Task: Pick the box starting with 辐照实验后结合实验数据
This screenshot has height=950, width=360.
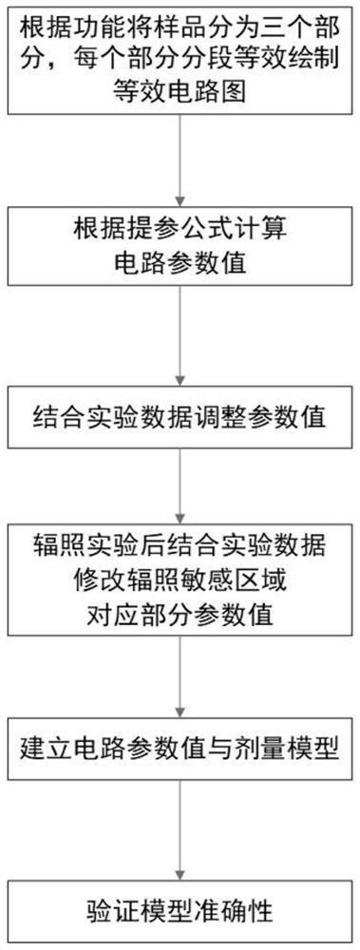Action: coord(180,580)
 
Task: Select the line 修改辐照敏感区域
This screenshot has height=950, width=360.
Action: coord(180,580)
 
